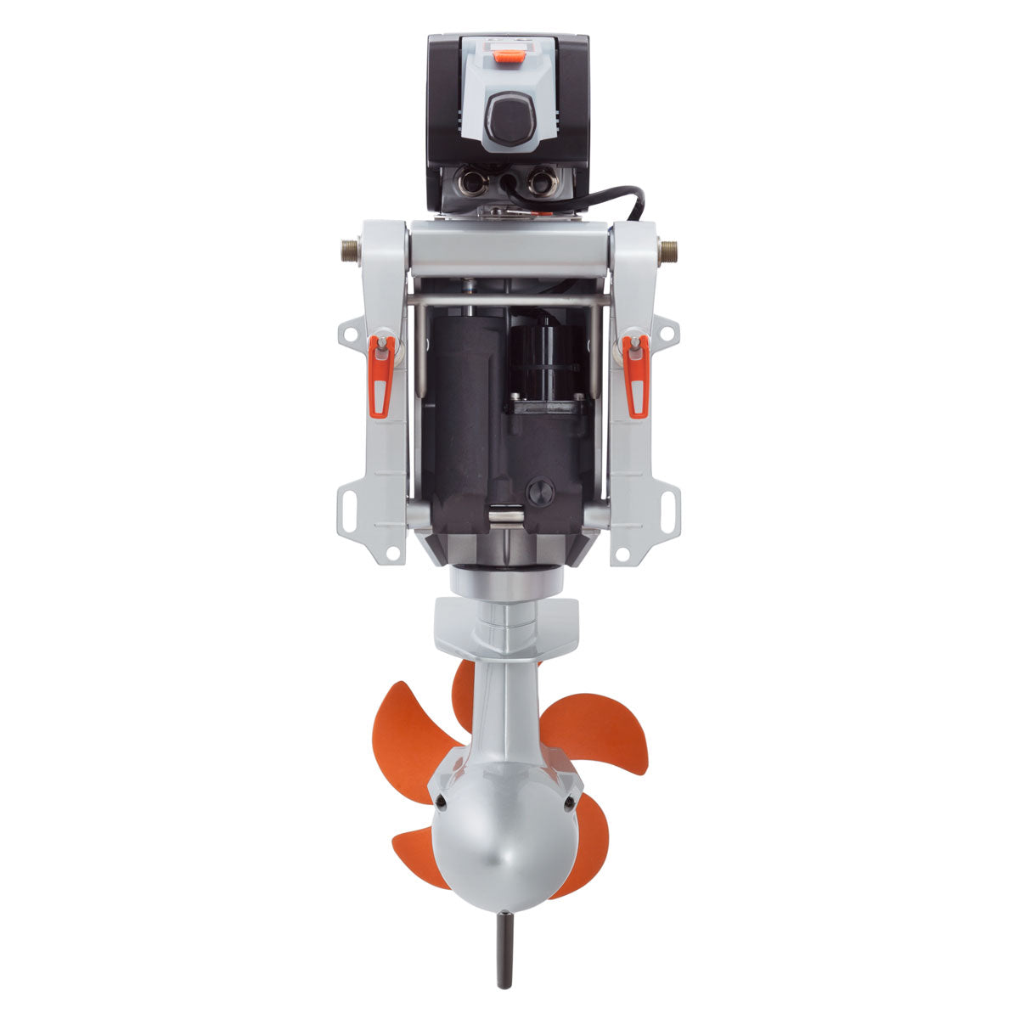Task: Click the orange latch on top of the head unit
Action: pos(509,57)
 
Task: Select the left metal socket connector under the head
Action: pos(469,181)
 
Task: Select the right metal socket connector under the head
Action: pos(541,181)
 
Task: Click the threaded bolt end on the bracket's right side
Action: pos(669,251)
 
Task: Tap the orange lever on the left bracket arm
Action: pos(381,374)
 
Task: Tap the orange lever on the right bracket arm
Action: pos(636,374)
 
